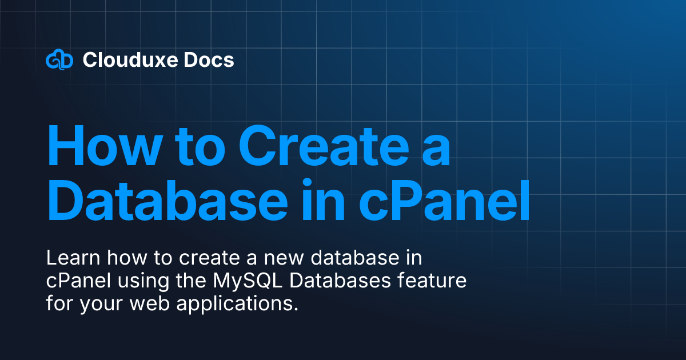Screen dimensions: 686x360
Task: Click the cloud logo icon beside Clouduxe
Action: [59, 60]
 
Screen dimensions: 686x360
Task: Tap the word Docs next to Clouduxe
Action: [213, 60]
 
